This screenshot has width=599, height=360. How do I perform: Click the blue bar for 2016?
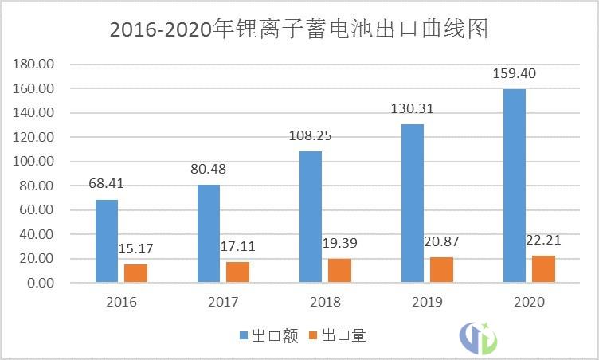click(x=107, y=241)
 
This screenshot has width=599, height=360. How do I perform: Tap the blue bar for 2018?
click(x=311, y=217)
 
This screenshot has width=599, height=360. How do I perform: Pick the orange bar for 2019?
click(x=441, y=270)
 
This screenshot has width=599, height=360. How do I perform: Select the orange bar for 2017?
click(x=237, y=272)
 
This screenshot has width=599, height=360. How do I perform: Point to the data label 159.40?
click(x=515, y=74)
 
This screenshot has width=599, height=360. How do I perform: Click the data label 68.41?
click(x=107, y=184)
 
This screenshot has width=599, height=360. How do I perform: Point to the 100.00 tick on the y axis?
click(x=34, y=162)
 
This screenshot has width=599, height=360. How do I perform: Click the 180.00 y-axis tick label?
click(x=34, y=64)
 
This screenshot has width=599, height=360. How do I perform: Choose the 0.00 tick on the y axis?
click(x=39, y=284)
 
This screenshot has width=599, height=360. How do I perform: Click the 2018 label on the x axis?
click(x=325, y=303)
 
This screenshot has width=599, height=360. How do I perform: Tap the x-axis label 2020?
click(x=529, y=303)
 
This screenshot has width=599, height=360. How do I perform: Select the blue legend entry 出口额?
click(x=269, y=336)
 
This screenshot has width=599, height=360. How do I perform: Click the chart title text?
click(x=298, y=29)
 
